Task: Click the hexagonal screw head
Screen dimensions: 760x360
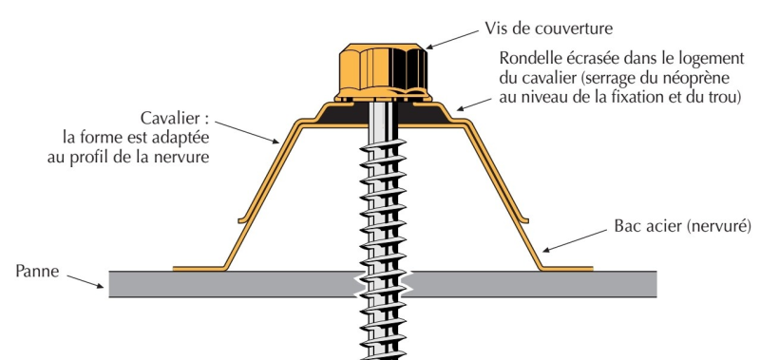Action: pyautogui.click(x=383, y=71)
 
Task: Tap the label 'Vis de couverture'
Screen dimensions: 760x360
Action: pyautogui.click(x=549, y=28)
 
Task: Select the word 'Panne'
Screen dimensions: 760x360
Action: pyautogui.click(x=37, y=271)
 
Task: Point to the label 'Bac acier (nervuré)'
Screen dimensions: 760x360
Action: pyautogui.click(x=682, y=226)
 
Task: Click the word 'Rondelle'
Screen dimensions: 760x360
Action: pyautogui.click(x=529, y=58)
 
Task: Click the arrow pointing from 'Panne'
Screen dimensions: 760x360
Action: pyautogui.click(x=85, y=281)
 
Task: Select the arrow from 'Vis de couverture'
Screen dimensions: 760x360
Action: pyautogui.click(x=452, y=40)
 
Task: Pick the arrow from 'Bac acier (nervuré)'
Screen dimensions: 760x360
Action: pyautogui.click(x=574, y=241)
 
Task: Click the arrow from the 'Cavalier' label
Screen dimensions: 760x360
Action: pyautogui.click(x=247, y=132)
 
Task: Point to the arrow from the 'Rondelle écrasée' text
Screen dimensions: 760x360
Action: pyautogui.click(x=474, y=104)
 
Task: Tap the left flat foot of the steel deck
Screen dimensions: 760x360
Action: pyautogui.click(x=199, y=269)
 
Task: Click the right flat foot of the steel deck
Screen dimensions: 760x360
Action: pyautogui.click(x=566, y=269)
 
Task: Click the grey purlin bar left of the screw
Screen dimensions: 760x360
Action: pyautogui.click(x=233, y=284)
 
